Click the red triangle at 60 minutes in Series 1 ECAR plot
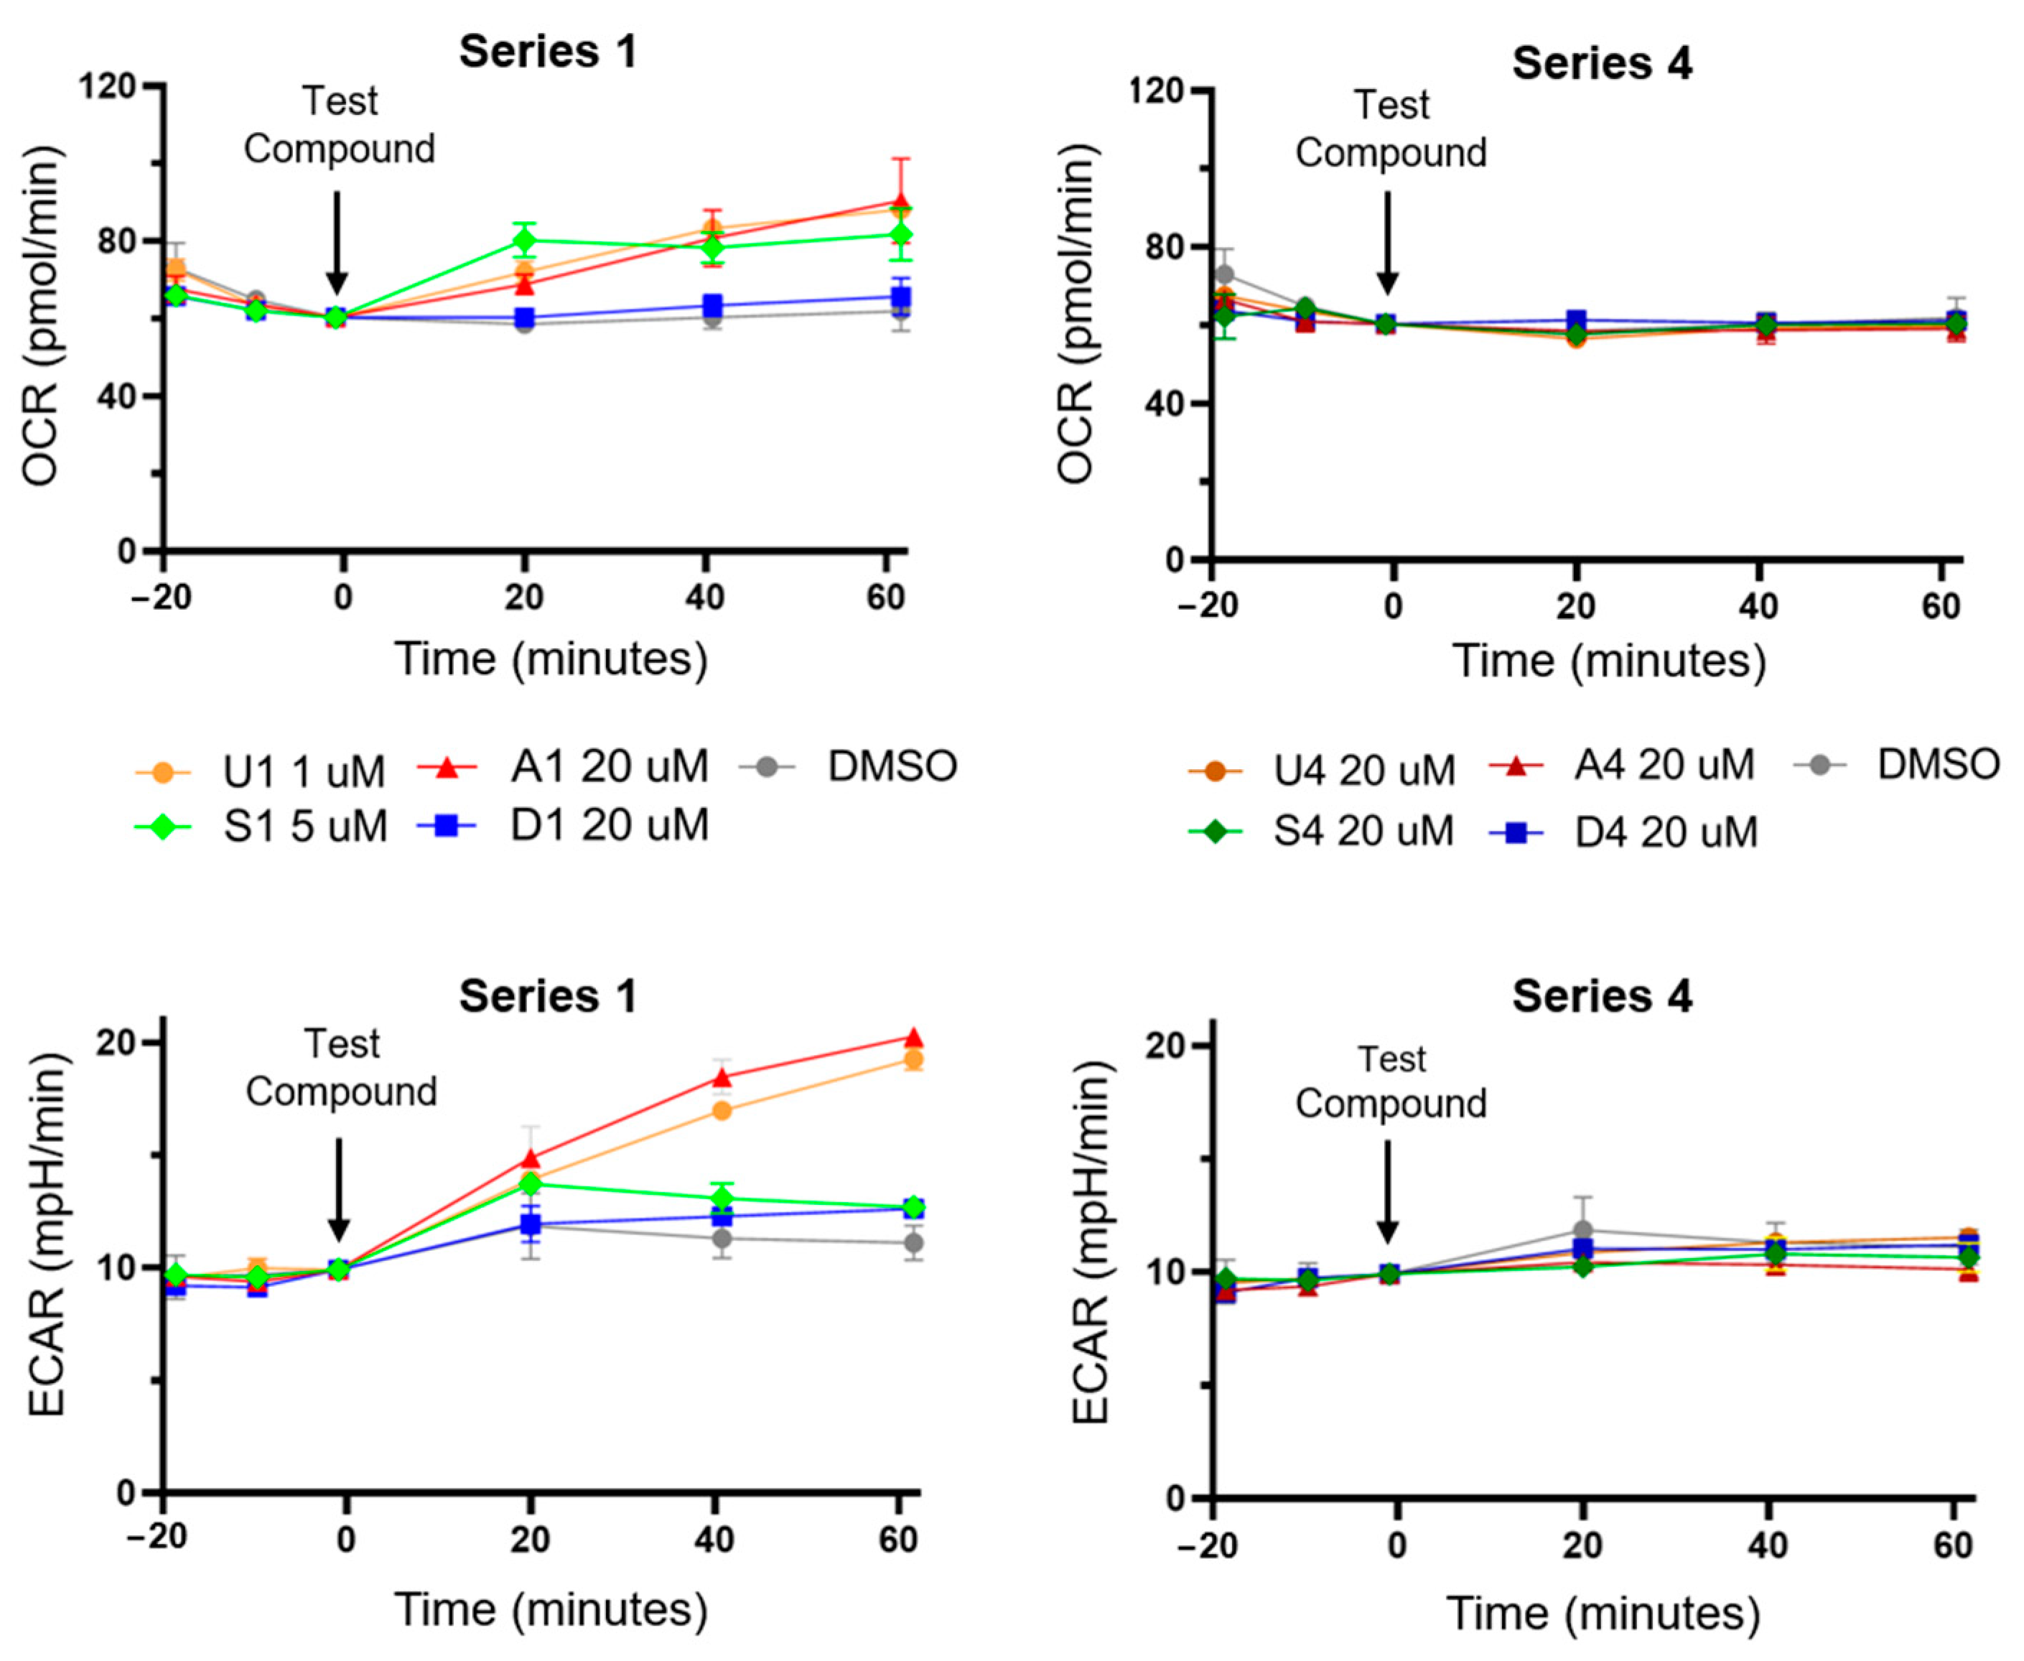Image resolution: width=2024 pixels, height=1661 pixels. click(x=913, y=1038)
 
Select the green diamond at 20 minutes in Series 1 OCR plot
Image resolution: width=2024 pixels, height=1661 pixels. click(x=523, y=239)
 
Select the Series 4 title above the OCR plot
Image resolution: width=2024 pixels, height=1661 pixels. click(x=1601, y=63)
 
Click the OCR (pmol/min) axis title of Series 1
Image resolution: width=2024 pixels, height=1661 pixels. click(x=40, y=316)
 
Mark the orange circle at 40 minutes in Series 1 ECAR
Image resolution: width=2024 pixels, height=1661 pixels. click(x=722, y=1111)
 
